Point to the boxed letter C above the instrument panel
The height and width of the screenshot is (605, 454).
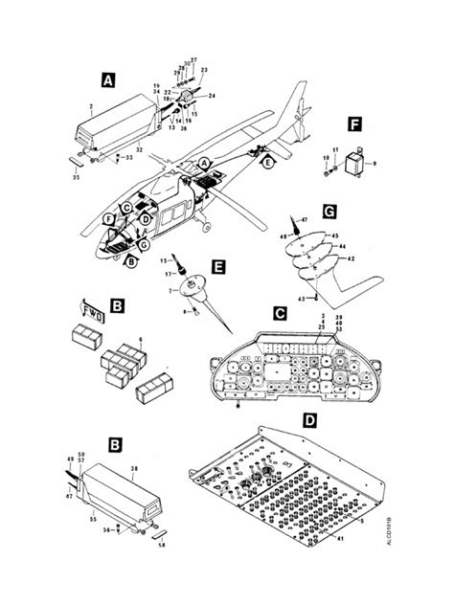pyautogui.click(x=280, y=313)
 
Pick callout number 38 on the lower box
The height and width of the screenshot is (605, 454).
pyautogui.click(x=133, y=469)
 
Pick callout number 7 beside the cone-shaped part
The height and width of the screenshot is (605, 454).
pyautogui.click(x=170, y=290)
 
